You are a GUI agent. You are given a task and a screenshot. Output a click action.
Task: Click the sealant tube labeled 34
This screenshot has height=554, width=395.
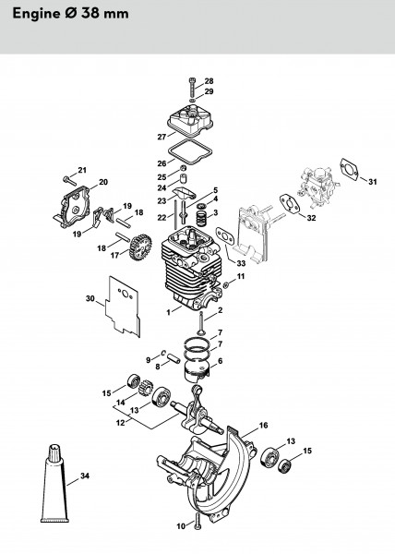click(x=54, y=484)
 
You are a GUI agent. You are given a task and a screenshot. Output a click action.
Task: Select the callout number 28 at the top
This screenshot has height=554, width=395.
click(x=209, y=81)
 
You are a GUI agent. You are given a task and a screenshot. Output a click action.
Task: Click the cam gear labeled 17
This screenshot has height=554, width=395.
click(x=140, y=247)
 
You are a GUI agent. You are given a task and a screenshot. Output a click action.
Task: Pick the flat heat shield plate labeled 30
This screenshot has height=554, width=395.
click(x=124, y=306)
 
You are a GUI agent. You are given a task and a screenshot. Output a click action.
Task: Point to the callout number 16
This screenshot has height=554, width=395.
click(x=263, y=425)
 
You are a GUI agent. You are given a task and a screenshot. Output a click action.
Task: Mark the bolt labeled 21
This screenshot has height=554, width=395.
click(x=70, y=180)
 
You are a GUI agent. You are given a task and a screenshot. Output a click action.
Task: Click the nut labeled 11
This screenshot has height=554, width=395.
click(x=226, y=284)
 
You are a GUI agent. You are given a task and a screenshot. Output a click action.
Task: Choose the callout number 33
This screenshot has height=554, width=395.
click(x=241, y=263)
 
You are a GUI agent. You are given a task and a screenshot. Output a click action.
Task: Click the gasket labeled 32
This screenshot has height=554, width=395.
click(x=290, y=204)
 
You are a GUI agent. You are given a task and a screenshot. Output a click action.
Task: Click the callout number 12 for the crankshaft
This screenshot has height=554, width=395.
click(x=121, y=423)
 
